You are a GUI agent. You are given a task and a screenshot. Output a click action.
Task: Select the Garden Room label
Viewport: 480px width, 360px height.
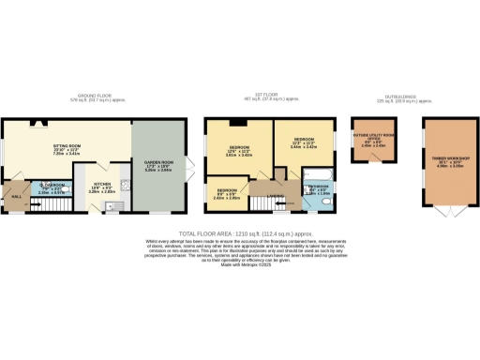click(x=158, y=163)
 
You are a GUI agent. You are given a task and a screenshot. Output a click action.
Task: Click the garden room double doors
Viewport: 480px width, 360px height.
click(x=190, y=167)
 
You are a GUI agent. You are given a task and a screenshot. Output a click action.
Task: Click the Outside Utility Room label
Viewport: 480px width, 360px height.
click(x=372, y=139)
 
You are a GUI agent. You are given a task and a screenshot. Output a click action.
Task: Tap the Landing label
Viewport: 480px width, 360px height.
click(x=276, y=195)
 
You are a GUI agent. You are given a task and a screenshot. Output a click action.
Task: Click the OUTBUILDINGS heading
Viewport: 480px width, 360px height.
click(x=401, y=95)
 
